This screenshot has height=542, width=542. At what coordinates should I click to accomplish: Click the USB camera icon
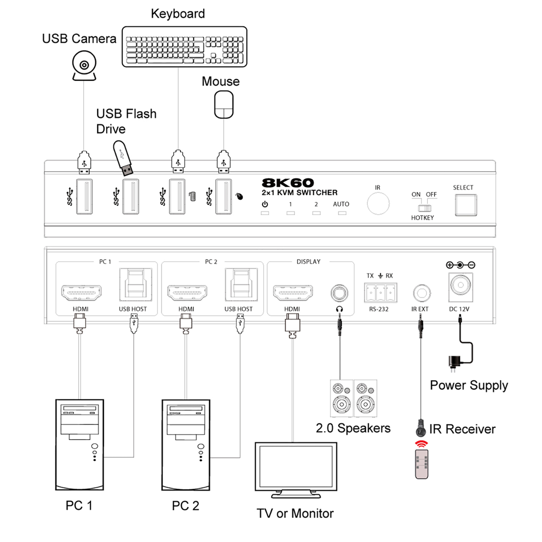pos(84,66)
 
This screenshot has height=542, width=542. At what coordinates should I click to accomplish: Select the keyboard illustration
pos(185,47)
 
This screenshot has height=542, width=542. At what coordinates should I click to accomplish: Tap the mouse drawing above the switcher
pos(224,104)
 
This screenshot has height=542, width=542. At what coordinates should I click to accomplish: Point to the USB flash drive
pos(123,158)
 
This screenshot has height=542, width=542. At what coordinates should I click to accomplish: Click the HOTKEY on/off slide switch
pos(424,208)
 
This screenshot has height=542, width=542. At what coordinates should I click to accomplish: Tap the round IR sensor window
pos(378,203)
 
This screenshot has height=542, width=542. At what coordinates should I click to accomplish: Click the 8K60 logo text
pos(288,183)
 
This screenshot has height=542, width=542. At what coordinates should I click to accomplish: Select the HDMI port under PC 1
pos(81,293)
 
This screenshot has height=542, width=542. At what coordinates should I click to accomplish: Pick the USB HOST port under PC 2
pos(241,285)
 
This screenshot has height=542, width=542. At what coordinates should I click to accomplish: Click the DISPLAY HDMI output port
pos(293,293)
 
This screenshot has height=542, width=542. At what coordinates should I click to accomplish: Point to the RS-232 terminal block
pos(381,293)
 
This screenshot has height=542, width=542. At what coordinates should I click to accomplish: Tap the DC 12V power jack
pos(461,287)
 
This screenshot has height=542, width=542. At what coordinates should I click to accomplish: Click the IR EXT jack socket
pos(422,293)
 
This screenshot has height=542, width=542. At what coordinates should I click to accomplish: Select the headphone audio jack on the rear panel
pos(340,293)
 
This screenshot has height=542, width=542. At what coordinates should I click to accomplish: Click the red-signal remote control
pos(422,464)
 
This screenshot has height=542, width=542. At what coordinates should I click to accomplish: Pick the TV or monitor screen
pos(296,470)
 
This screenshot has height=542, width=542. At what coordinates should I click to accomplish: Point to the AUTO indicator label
pos(341,204)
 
